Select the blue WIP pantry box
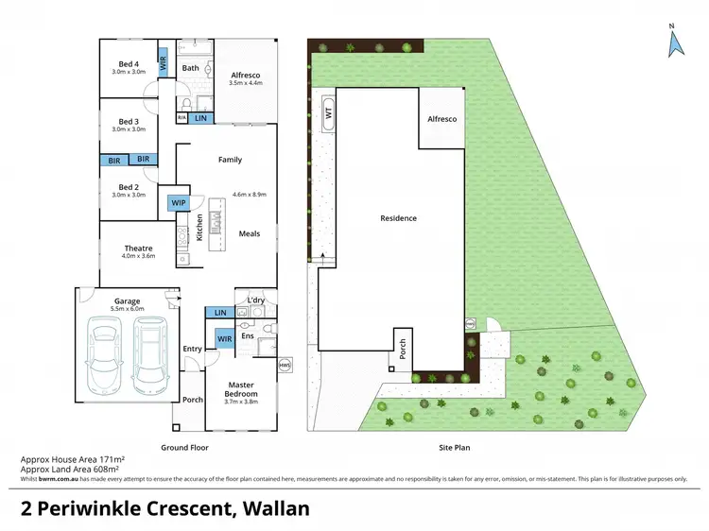pos(178,202)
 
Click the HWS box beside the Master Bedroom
pos(285,364)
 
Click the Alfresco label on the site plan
pos(442,119)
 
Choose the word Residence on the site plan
pos(398,218)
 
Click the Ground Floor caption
pos(186,447)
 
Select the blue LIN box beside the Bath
pos(200,118)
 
